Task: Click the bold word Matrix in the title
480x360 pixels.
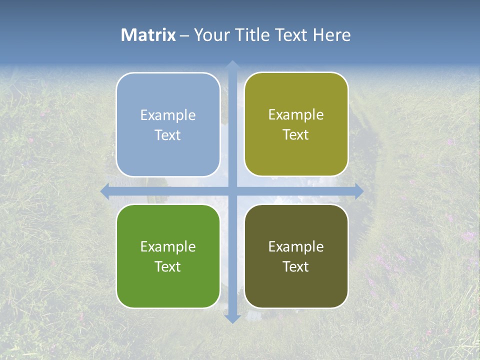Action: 148,35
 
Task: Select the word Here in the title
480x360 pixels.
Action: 331,35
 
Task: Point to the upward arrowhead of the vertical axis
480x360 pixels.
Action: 232,65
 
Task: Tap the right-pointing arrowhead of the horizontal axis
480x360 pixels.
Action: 358,191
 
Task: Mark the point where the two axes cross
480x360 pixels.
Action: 232,191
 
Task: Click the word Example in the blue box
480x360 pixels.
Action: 168,115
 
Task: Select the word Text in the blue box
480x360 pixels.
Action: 168,135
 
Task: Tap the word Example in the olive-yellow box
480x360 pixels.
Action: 296,115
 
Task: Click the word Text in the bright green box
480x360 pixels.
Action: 168,267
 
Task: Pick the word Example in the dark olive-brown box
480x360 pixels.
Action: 296,247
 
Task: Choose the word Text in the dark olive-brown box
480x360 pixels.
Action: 296,267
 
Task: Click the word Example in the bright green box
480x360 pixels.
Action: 168,247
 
